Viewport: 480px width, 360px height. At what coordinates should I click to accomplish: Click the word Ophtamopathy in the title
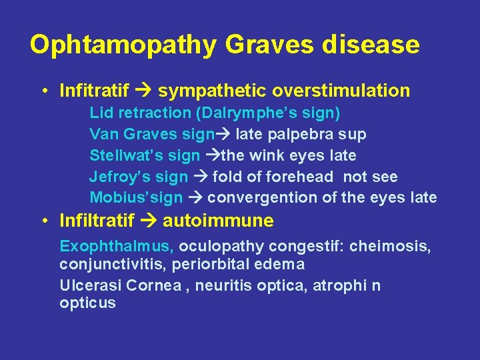123,45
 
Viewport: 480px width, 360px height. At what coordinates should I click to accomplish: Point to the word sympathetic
209,90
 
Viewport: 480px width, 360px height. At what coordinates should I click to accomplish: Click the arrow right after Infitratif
144,90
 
